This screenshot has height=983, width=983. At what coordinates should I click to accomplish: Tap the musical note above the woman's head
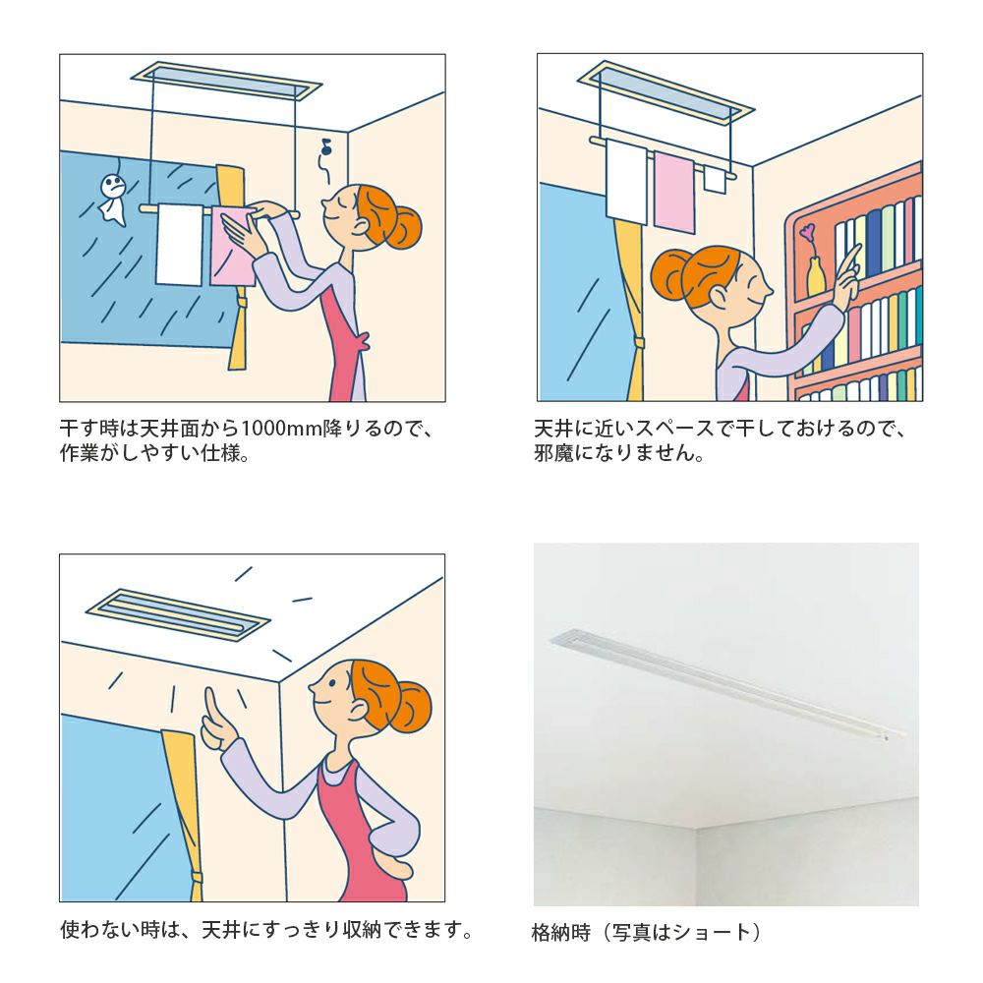point(325,148)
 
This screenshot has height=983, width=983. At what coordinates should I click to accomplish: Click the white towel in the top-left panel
point(179,245)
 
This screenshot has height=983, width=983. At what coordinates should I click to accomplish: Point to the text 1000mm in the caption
point(281,429)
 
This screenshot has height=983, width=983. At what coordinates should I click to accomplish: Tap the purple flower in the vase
point(807,233)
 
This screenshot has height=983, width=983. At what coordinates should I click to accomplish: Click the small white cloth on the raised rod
point(714,179)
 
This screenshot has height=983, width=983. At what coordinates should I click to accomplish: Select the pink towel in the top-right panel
point(674,193)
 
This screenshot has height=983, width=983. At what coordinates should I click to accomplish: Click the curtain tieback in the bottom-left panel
point(197,877)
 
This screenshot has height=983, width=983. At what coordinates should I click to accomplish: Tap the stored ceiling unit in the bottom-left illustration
point(177,614)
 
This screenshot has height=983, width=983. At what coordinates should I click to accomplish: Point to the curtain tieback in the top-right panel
point(639,344)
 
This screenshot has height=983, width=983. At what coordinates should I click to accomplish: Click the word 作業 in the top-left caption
point(79,452)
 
